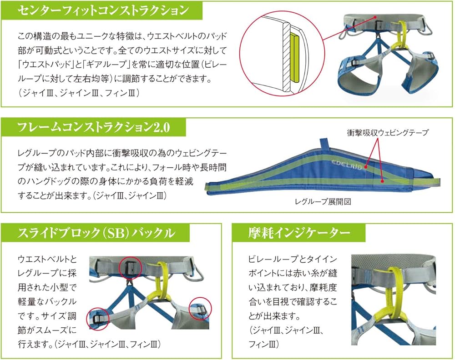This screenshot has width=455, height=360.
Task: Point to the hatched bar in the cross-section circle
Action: [284, 55]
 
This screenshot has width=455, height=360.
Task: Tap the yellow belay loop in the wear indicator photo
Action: [390, 291]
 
